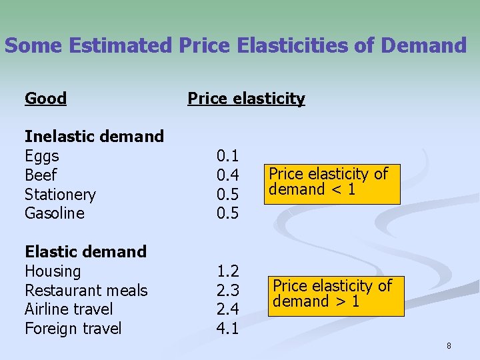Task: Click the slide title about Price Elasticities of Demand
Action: pyautogui.click(x=235, y=45)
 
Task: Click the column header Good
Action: pyautogui.click(x=45, y=99)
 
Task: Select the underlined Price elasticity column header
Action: pyautogui.click(x=246, y=99)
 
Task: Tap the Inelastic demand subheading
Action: pyautogui.click(x=94, y=137)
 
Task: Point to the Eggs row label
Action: pyautogui.click(x=41, y=156)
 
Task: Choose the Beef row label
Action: pyautogui.click(x=41, y=175)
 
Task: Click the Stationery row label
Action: pyautogui.click(x=60, y=195)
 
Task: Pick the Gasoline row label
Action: pyautogui.click(x=55, y=213)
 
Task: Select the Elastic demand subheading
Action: pyautogui.click(x=85, y=252)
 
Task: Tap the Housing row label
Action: pyautogui.click(x=53, y=271)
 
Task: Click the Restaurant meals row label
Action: pyautogui.click(x=86, y=291)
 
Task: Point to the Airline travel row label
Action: pyautogui.click(x=69, y=309)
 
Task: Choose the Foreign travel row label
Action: pyautogui.click(x=73, y=329)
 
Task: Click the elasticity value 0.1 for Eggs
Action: pyautogui.click(x=227, y=156)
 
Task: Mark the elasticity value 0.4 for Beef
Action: pyautogui.click(x=227, y=175)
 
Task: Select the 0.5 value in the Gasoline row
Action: pyautogui.click(x=227, y=213)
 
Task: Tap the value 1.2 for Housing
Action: pyautogui.click(x=227, y=271)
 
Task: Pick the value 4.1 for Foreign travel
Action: pyautogui.click(x=227, y=329)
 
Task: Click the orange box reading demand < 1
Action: pyautogui.click(x=330, y=183)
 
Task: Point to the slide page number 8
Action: pyautogui.click(x=449, y=345)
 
